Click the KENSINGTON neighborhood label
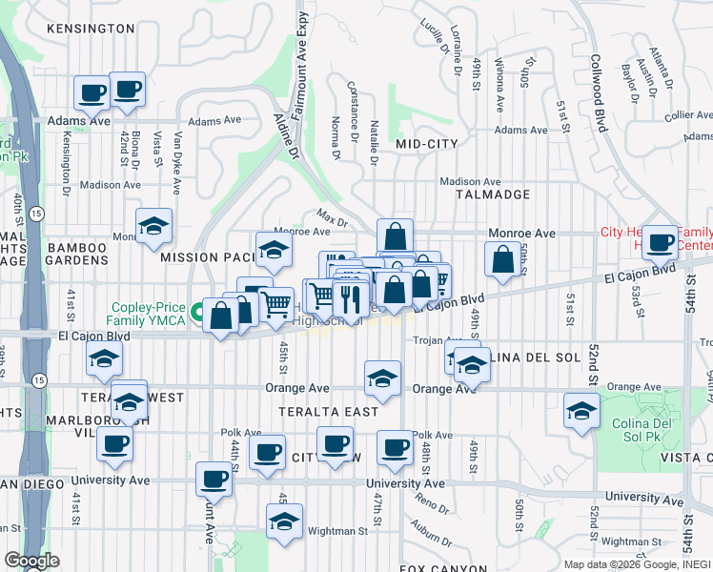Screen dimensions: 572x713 tap(89, 29)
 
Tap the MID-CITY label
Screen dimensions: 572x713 tap(426, 144)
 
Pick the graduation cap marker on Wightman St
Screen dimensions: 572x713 tap(284, 521)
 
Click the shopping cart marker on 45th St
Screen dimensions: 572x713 tap(276, 304)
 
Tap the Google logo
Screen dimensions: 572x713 tap(31, 561)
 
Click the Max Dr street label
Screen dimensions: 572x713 tap(330, 219)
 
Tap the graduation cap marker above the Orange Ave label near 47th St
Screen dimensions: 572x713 tap(382, 378)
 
